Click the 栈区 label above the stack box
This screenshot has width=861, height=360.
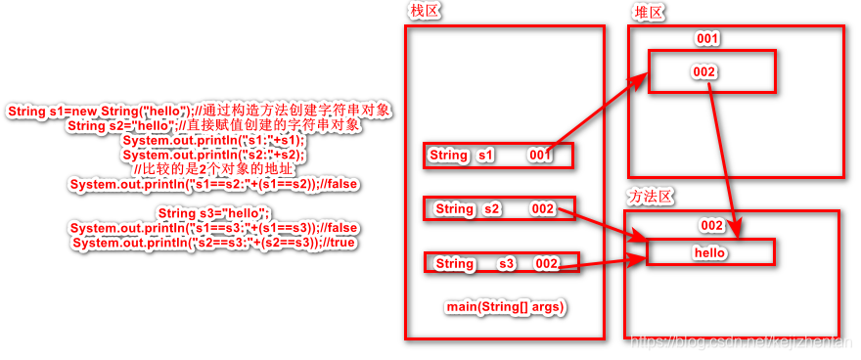(426, 12)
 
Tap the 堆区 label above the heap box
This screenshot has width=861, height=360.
(649, 12)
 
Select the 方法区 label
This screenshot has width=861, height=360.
(651, 197)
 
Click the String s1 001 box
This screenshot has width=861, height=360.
(498, 156)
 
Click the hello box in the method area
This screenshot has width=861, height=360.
(710, 252)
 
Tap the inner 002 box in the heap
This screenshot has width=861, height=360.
(711, 72)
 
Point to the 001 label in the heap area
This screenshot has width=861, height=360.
(707, 39)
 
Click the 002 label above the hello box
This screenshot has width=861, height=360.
(712, 226)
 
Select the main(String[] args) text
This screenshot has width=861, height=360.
(506, 307)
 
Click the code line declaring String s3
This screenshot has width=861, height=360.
(212, 213)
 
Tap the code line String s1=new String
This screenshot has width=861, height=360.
(200, 111)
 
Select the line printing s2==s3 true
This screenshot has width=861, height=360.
(213, 243)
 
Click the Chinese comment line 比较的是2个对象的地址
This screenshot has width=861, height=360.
(212, 169)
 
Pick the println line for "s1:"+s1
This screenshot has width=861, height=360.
(213, 140)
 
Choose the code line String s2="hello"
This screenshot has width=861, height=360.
(213, 125)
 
